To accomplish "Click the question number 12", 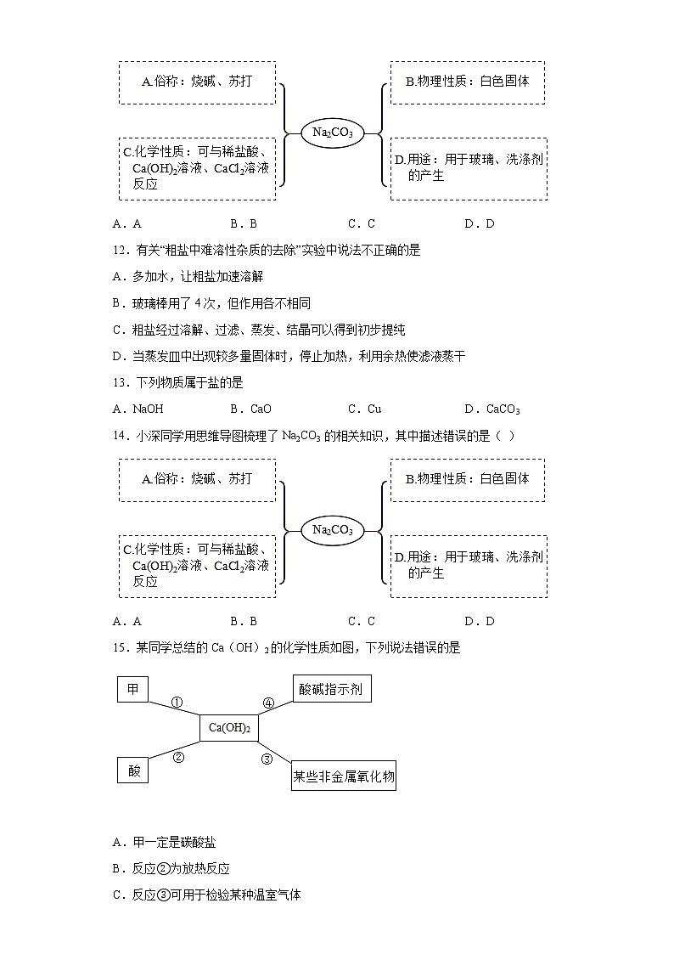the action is click(119, 251).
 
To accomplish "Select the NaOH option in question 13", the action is click(142, 409).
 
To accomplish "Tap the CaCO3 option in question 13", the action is click(497, 409).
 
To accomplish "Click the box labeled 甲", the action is click(132, 689).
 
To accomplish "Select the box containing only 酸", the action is click(133, 771).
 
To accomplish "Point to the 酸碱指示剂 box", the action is click(331, 689).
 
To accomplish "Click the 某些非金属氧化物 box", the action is click(344, 776).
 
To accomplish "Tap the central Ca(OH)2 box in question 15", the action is click(229, 728).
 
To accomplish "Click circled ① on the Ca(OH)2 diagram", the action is click(177, 703).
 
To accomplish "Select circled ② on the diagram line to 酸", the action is click(179, 758).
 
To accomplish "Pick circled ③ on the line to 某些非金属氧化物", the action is click(267, 759).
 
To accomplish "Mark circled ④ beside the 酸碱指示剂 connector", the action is click(268, 703).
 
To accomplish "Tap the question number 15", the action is click(119, 648).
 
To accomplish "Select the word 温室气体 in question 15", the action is click(278, 895).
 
